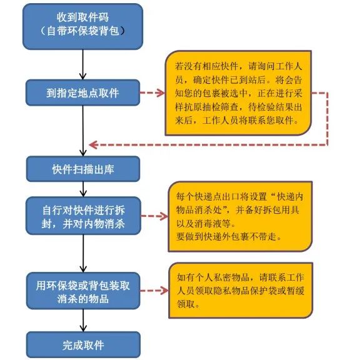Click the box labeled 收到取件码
click(x=83, y=26)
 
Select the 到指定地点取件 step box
click(x=83, y=92)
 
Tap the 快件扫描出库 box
click(x=83, y=169)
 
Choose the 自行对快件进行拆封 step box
click(x=83, y=216)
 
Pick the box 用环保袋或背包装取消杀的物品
click(x=83, y=291)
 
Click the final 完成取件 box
click(x=83, y=345)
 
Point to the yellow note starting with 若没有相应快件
click(x=238, y=92)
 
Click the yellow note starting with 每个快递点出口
click(x=240, y=216)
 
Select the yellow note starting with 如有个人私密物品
click(x=241, y=290)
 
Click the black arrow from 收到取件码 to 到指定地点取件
click(x=83, y=64)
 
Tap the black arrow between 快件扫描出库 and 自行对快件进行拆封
click(x=83, y=189)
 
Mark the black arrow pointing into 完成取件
click(x=83, y=321)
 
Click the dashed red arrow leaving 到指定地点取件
click(x=152, y=92)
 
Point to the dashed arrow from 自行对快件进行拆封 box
click(x=154, y=216)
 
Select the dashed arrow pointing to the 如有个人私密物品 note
click(x=154, y=291)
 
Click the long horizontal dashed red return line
click(x=208, y=145)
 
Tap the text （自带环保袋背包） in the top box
click(x=83, y=31)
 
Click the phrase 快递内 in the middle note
click(x=290, y=197)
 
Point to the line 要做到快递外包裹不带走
click(x=229, y=237)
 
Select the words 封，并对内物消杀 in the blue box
click(x=83, y=224)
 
